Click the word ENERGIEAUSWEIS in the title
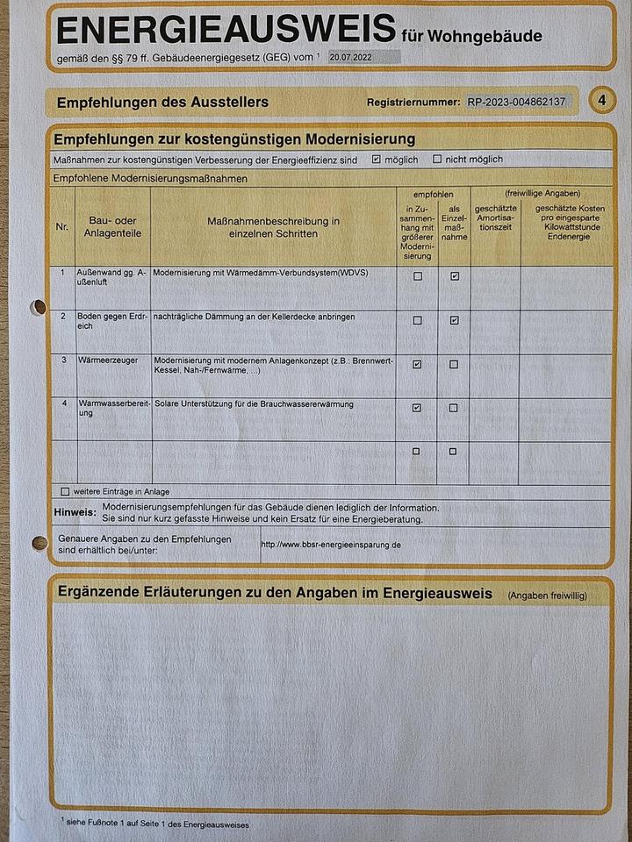[x=226, y=30]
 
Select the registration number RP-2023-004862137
[x=518, y=102]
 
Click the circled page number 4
[x=602, y=101]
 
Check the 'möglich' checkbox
[x=377, y=160]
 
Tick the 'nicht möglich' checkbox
[x=437, y=160]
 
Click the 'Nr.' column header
[x=61, y=226]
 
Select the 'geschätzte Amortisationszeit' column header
[x=495, y=217]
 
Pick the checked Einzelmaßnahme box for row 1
[x=454, y=276]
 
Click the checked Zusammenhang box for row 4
[x=417, y=408]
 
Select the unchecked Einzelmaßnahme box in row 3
[x=454, y=364]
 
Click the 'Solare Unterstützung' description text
[x=253, y=404]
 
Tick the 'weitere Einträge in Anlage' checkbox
[x=65, y=492]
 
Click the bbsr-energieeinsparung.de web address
[x=331, y=545]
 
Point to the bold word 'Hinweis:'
[x=74, y=512]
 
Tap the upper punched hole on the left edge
[x=38, y=307]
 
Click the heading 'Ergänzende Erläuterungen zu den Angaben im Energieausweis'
[x=275, y=594]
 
